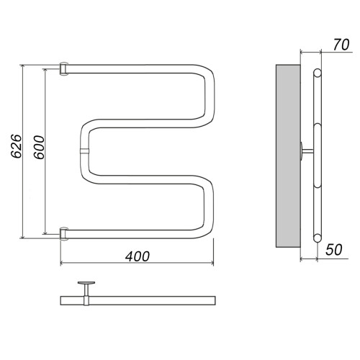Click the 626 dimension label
(x=17, y=146)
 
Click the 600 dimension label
(x=39, y=147)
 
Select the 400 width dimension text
(x=138, y=256)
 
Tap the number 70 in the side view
(x=341, y=45)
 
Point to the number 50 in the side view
(x=334, y=250)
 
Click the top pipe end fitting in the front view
(x=64, y=68)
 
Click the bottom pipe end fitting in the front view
(x=64, y=233)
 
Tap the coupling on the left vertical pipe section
(x=84, y=151)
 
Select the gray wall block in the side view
(x=288, y=156)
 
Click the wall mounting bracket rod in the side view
(x=307, y=151)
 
